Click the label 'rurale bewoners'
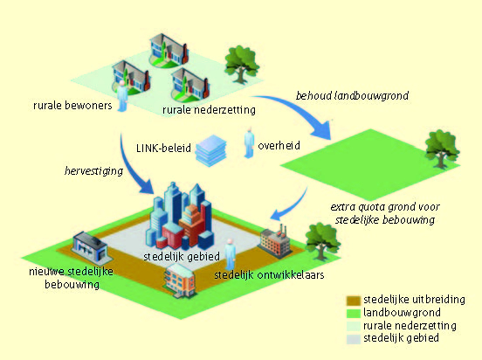(x=72, y=106)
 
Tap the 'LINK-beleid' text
(x=163, y=148)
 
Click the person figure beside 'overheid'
(x=249, y=142)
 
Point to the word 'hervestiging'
(x=93, y=171)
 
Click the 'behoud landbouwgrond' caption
(x=352, y=96)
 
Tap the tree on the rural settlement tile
(x=241, y=65)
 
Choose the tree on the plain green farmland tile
(x=442, y=149)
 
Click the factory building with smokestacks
(x=275, y=240)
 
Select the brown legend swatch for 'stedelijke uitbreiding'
(x=353, y=301)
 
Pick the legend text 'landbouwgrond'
(x=402, y=313)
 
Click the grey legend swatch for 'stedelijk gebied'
(x=353, y=339)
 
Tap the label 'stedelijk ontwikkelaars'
(x=269, y=274)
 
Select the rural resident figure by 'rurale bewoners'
(x=122, y=96)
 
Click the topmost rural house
(x=169, y=51)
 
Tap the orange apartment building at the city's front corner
(x=180, y=280)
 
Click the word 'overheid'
(x=279, y=146)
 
